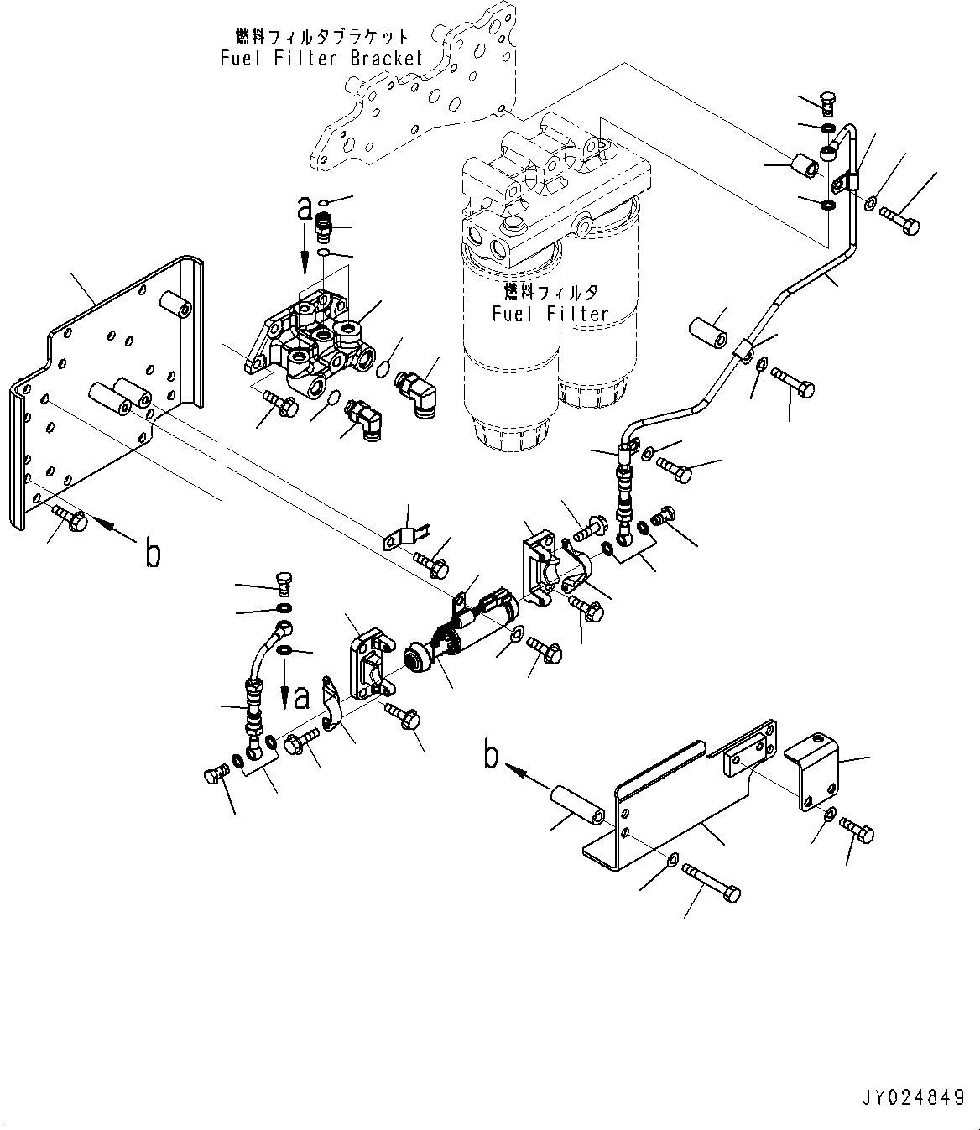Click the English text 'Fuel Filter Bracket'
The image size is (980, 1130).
coord(322,58)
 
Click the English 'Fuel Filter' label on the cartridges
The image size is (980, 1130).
coord(550,314)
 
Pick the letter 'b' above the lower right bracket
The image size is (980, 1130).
coord(491,756)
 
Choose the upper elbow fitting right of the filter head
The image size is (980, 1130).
coord(415,387)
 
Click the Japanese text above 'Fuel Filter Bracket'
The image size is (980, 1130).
coord(322,36)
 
